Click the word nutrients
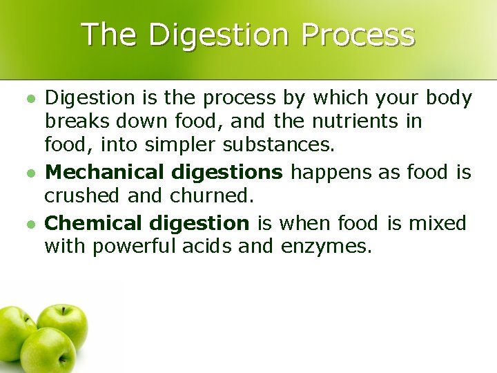pos(359,121)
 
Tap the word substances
pos(281,144)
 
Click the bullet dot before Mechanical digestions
pos(29,172)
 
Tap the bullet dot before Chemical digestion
pos(29,223)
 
